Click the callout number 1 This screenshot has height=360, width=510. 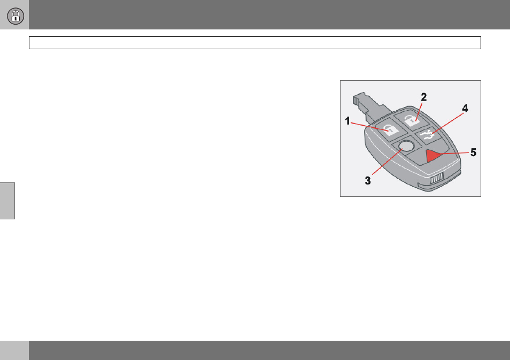point(347,121)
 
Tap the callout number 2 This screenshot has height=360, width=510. point(423,97)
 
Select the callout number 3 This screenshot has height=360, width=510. point(368,181)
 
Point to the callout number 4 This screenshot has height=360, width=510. point(465,109)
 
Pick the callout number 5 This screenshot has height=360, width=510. point(473,152)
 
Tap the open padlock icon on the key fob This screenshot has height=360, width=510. point(412,119)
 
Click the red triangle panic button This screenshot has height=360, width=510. point(434,155)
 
